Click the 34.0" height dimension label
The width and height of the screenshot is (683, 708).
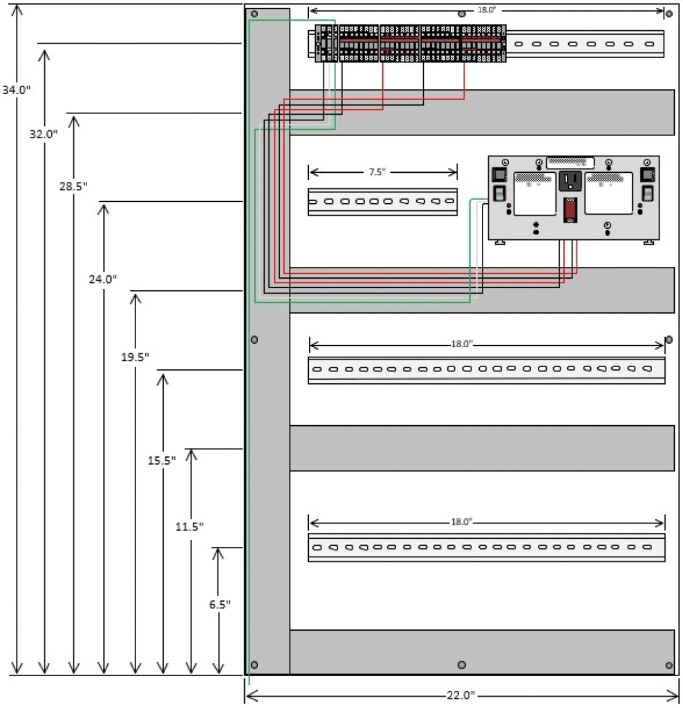tap(16, 90)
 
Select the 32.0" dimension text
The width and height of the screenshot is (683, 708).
tap(44, 134)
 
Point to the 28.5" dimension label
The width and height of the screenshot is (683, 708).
tap(73, 186)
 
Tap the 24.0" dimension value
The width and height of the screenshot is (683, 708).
tap(104, 279)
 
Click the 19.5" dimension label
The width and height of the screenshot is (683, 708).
tap(135, 357)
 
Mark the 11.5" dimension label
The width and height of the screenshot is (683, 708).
tap(189, 526)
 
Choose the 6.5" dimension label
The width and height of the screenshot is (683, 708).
tap(219, 604)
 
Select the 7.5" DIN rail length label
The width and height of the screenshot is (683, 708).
tap(382, 172)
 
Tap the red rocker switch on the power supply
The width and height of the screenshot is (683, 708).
tap(570, 209)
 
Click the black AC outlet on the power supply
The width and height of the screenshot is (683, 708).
tap(571, 181)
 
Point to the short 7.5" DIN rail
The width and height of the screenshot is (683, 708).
tap(382, 202)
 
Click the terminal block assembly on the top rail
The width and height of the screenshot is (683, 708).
tap(411, 43)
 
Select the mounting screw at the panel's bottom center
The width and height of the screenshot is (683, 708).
tap(462, 665)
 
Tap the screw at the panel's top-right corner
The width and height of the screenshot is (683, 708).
tap(668, 13)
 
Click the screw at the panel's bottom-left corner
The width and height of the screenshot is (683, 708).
tap(254, 665)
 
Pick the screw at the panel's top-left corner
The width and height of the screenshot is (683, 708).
tap(254, 14)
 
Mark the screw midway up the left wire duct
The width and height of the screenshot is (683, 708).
tap(254, 339)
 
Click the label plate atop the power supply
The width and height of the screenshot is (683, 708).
tap(570, 163)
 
